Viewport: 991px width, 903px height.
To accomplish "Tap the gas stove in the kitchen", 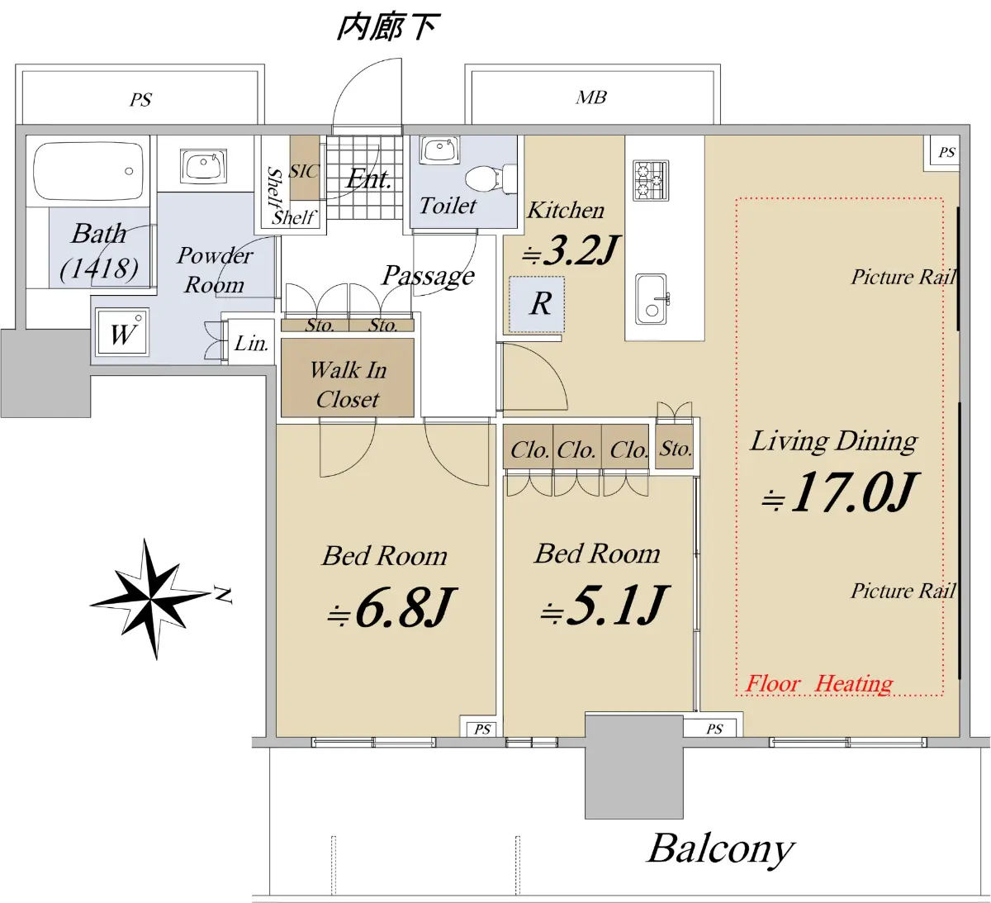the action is [x=651, y=180].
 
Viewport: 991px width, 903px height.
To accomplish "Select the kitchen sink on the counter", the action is [x=652, y=299].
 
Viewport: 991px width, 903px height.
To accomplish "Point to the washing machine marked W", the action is [x=122, y=331].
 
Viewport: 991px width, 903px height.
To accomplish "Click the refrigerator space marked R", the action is [x=537, y=304].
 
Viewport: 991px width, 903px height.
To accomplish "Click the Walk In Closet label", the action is [x=349, y=384].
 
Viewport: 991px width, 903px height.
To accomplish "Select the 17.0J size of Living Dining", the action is [x=840, y=492].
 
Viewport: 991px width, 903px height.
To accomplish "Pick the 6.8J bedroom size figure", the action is [x=391, y=608].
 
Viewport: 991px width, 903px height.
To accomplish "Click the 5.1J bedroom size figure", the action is [x=605, y=605].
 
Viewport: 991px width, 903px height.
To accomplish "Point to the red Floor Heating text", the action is [x=819, y=684].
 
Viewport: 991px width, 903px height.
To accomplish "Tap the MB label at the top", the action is [x=590, y=97].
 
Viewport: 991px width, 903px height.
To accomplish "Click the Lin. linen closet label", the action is [x=251, y=344].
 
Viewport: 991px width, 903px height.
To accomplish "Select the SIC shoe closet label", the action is [x=304, y=171].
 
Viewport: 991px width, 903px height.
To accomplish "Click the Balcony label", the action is [x=721, y=849].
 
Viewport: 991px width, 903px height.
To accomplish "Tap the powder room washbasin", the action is [x=203, y=165].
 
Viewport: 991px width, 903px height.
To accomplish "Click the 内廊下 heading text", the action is [x=387, y=28].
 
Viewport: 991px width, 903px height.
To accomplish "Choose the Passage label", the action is [x=429, y=276].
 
